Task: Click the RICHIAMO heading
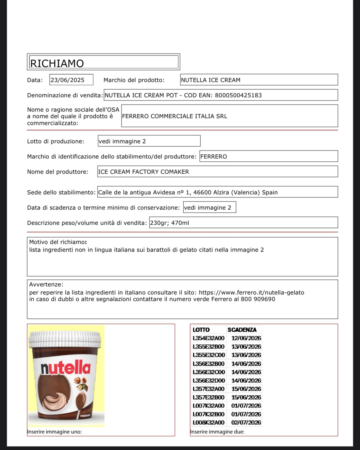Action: coord(57,63)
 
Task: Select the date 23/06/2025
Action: coord(67,80)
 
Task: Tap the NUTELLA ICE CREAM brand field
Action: coord(210,80)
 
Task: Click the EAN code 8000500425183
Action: coord(238,95)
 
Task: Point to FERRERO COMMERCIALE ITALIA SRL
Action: coord(175,116)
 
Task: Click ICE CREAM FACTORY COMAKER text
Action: coord(144,172)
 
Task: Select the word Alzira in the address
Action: coord(221,192)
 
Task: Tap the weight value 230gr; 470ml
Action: coord(169,223)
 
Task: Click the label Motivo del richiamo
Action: coord(58,242)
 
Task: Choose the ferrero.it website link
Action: coord(251,293)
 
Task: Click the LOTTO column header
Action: coord(201,330)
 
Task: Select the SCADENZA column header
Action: coord(242,330)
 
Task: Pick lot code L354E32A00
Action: coord(209,338)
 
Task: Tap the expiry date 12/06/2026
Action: coord(246,338)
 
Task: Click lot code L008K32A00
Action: coord(209,423)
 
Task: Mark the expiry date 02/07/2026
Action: coord(246,423)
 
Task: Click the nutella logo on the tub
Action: coord(65,368)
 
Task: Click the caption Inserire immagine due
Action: coord(217,432)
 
